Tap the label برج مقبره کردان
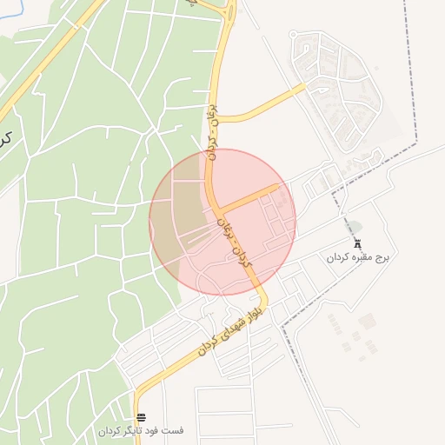pos(360,258)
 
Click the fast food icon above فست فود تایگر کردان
pos(141,417)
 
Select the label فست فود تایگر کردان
pos(141,431)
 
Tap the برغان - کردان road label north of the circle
pos(215,135)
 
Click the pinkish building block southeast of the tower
pos(368,322)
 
